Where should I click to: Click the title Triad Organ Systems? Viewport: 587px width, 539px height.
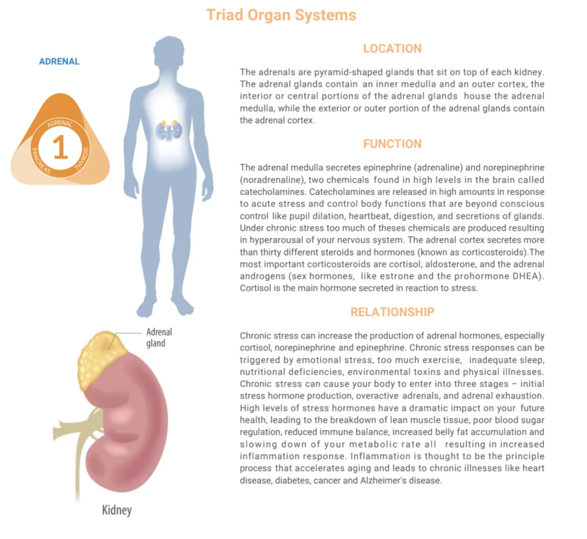281,15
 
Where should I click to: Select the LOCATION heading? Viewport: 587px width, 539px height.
392,48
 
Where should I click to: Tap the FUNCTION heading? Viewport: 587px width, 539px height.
392,144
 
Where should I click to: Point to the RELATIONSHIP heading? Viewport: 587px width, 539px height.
392,312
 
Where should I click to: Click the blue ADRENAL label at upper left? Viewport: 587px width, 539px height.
59,62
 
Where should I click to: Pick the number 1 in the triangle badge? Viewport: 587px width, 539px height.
60,147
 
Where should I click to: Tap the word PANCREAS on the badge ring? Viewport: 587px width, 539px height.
41,161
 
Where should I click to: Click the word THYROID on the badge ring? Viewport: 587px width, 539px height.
82,158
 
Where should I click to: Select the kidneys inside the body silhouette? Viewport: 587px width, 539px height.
169,130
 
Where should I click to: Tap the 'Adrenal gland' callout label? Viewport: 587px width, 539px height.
158,337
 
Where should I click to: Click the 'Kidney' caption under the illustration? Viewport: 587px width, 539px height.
116,510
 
